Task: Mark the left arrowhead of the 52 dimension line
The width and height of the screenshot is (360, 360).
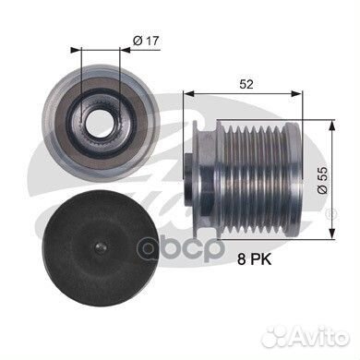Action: (188, 94)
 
